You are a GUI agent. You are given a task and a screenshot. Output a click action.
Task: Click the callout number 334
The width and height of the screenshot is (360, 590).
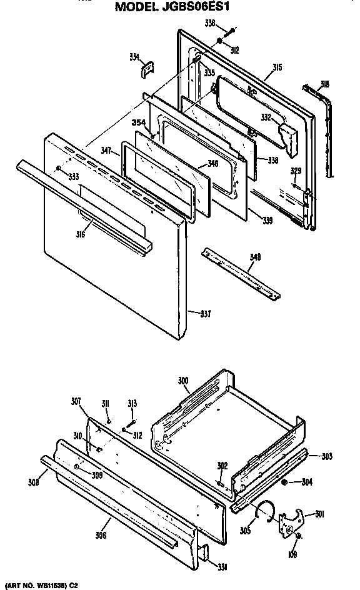[x=134, y=56]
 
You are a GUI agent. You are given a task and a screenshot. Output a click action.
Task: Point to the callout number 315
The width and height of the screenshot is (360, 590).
[x=278, y=67]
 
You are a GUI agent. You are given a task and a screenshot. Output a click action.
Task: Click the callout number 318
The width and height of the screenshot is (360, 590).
[x=324, y=83]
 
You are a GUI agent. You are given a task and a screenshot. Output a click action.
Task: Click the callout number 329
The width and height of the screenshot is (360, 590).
[x=296, y=170]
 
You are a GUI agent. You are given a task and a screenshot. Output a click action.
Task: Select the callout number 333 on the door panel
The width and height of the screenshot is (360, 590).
[x=74, y=177]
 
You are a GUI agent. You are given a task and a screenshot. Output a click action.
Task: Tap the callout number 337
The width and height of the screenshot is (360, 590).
[x=206, y=313]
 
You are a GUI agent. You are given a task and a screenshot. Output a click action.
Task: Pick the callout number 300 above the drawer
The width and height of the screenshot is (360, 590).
[x=183, y=379]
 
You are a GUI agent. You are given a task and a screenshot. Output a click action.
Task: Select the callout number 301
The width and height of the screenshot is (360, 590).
[x=319, y=514]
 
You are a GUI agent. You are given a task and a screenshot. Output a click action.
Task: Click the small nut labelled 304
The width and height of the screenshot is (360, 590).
[x=285, y=482]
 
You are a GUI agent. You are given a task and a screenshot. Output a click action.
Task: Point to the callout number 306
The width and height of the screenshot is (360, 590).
[x=101, y=534]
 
